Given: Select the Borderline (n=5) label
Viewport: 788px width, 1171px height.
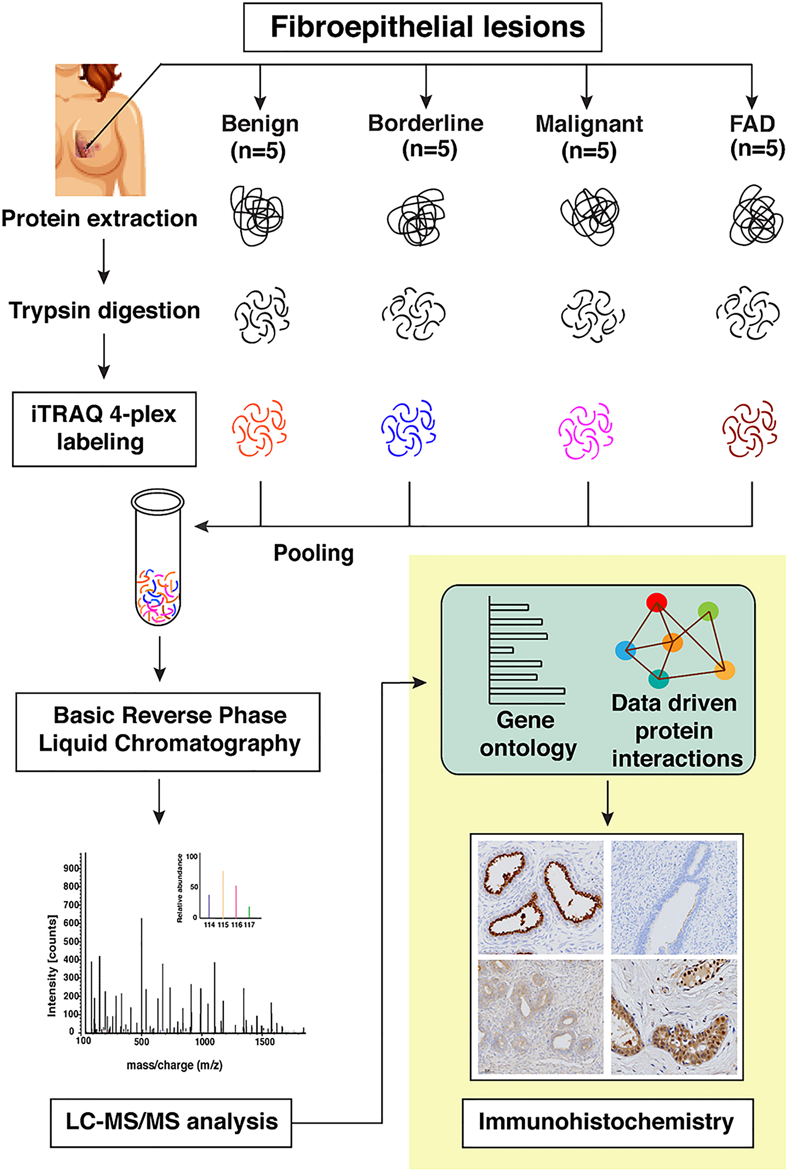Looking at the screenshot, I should tap(426, 136).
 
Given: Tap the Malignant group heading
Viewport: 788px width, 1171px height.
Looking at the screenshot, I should tap(589, 124).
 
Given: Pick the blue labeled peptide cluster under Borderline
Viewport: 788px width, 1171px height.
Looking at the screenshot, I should tap(408, 428).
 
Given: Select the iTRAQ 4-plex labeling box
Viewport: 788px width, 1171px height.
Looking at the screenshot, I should tap(104, 429).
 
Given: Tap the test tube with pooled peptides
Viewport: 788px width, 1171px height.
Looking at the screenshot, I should tap(158, 558).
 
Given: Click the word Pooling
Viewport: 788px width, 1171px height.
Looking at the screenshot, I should tap(314, 553).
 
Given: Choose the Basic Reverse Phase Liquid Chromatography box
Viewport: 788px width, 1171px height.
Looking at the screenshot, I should tap(168, 731).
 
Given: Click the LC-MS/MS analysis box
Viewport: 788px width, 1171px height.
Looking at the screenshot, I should tap(171, 1122).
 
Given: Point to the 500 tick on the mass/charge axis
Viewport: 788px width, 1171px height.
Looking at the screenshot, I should tap(141, 1042).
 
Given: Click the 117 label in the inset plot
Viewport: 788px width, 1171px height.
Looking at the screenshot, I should tap(249, 925).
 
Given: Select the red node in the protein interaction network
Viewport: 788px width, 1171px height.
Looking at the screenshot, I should tap(656, 602).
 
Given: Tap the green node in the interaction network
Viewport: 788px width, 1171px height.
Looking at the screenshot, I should tap(708, 611).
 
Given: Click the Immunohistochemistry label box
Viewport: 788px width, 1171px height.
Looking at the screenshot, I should tap(607, 1122).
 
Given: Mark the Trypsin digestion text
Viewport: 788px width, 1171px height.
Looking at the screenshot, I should tap(104, 310).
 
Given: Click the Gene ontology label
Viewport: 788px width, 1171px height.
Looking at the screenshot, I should tap(527, 734).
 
